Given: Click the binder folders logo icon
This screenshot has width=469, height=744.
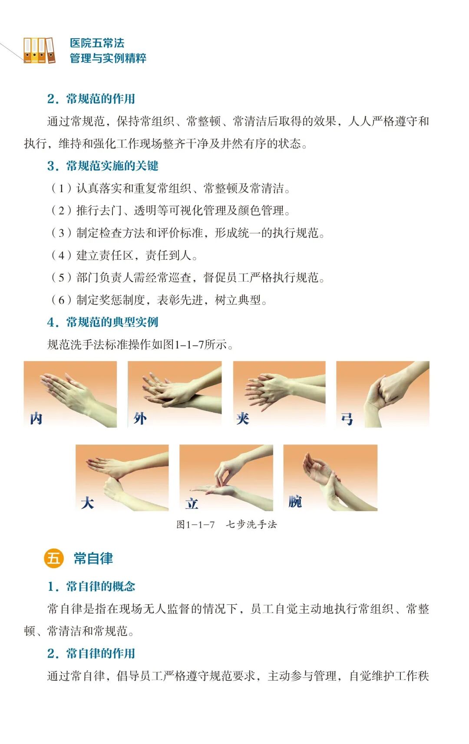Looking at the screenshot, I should coord(39,50).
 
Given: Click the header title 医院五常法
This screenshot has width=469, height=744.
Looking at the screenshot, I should coord(97,43).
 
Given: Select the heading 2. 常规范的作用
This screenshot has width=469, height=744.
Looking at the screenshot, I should coord(91,98).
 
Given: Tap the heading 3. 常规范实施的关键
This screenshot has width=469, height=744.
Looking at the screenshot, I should coord(103,166).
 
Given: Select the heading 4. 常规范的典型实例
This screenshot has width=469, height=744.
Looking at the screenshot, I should coord(103,322).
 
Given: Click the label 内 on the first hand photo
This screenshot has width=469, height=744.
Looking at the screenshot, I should coord(36,418).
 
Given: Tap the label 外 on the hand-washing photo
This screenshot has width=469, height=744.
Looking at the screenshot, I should coord(140,418).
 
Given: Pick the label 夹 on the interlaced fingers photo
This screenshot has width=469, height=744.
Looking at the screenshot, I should coord(243,418).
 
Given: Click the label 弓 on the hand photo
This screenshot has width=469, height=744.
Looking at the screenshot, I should coord(347,419).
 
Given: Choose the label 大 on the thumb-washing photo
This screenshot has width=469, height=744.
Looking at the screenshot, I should coord(87,503).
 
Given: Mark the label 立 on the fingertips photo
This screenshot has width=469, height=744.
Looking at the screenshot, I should coord(192,503).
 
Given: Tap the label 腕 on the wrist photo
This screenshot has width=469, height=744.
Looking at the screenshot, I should coord(295,501).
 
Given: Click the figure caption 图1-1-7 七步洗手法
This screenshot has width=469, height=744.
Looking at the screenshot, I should coord(226,524).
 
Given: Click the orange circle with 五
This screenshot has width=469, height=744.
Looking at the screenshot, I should coord(54,558).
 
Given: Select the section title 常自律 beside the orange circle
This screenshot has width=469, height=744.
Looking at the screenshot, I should coord(93,558).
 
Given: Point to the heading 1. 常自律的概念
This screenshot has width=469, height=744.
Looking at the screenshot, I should coord(91,586).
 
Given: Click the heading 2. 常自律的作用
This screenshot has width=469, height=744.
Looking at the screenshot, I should coord(91,653).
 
